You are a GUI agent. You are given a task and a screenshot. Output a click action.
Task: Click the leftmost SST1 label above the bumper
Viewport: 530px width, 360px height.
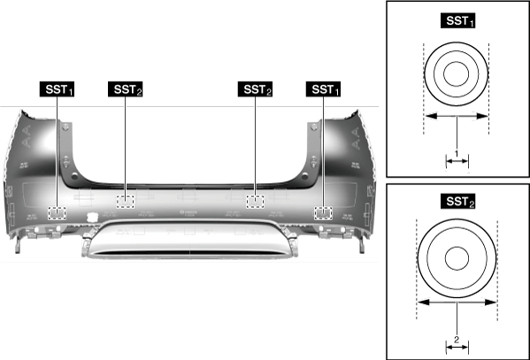[x=57, y=89]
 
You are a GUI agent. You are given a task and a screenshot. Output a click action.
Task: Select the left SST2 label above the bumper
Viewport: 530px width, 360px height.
[x=125, y=89]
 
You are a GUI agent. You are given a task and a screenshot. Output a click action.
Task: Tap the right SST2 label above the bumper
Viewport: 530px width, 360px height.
[x=255, y=89]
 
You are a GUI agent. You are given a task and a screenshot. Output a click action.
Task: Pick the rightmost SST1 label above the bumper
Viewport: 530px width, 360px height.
[x=324, y=89]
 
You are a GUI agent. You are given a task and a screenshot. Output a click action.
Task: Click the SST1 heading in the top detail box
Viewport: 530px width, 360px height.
[x=458, y=20]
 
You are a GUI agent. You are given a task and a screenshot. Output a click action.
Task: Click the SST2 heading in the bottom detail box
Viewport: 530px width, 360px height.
[x=458, y=202]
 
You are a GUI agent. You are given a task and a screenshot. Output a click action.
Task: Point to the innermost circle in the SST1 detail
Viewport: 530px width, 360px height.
[x=457, y=73]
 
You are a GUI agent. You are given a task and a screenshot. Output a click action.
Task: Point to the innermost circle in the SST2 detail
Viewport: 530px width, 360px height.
[x=457, y=258]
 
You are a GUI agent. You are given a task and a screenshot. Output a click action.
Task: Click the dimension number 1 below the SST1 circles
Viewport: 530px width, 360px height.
[x=457, y=154]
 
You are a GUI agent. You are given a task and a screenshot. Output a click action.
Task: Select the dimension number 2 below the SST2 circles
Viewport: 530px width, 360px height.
[x=457, y=340]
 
